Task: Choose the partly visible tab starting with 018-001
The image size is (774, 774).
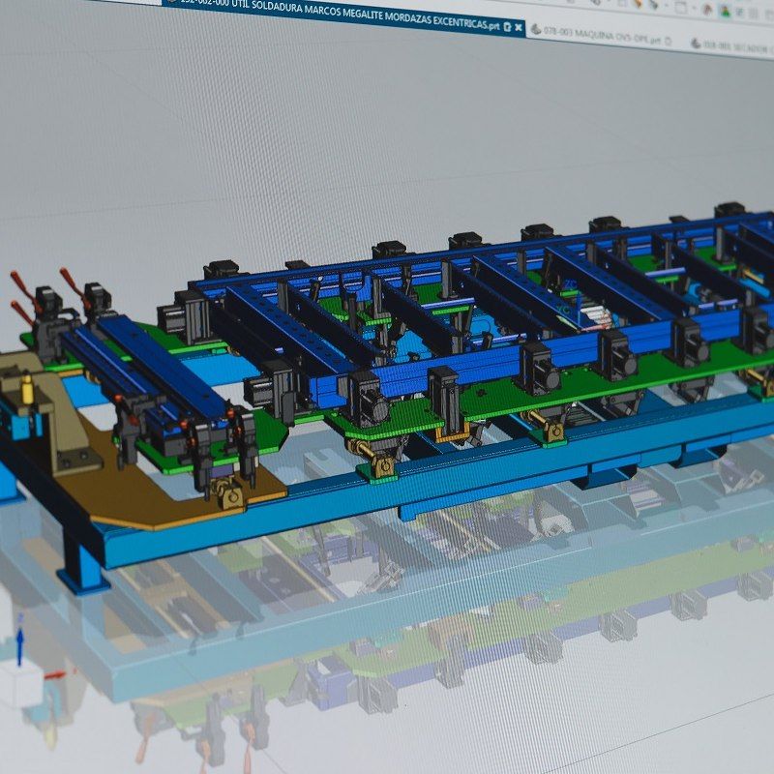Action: tap(735, 45)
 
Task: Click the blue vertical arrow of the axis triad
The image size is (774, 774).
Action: tap(19, 646)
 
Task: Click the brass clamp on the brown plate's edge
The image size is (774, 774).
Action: tap(229, 495)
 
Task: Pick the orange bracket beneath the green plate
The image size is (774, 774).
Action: tap(449, 432)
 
